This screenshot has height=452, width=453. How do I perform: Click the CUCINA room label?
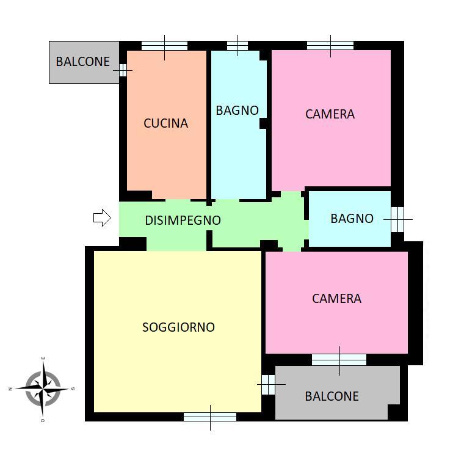165,123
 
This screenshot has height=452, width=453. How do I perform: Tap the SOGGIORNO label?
178,327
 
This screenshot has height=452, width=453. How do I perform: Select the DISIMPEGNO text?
183,221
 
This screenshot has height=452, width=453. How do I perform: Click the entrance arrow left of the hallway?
102,217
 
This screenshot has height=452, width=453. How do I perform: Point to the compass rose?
43,388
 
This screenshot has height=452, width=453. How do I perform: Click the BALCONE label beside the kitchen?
83,62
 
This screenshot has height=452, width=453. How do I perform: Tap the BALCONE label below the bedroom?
332,396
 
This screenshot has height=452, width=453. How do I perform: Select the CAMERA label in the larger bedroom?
330,114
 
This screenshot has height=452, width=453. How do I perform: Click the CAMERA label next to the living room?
336,299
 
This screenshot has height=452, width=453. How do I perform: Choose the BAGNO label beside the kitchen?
237,111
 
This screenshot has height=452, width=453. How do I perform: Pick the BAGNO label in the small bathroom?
352,219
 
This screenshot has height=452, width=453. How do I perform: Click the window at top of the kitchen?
164,46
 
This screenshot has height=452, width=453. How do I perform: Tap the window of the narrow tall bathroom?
237,46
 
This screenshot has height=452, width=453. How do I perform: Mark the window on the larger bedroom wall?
330,46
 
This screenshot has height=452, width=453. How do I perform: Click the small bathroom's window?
397,219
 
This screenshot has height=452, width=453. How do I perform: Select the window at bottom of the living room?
210,417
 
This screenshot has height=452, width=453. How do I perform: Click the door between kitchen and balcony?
123,70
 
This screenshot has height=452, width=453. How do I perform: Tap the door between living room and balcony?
269,385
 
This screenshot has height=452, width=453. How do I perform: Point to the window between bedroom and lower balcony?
339,360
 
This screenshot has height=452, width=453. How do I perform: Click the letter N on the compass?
10,389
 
